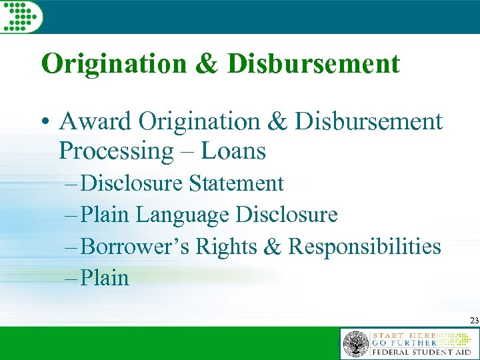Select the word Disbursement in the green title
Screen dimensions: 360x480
314,64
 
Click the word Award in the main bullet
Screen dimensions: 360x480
95,121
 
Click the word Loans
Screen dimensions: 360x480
234,151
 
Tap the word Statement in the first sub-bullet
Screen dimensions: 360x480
237,183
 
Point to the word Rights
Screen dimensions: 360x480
223,247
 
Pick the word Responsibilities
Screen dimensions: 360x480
364,247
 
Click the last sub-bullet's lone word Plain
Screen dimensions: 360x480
105,277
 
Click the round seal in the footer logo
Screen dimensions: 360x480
355,345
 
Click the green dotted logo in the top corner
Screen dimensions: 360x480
21,15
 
